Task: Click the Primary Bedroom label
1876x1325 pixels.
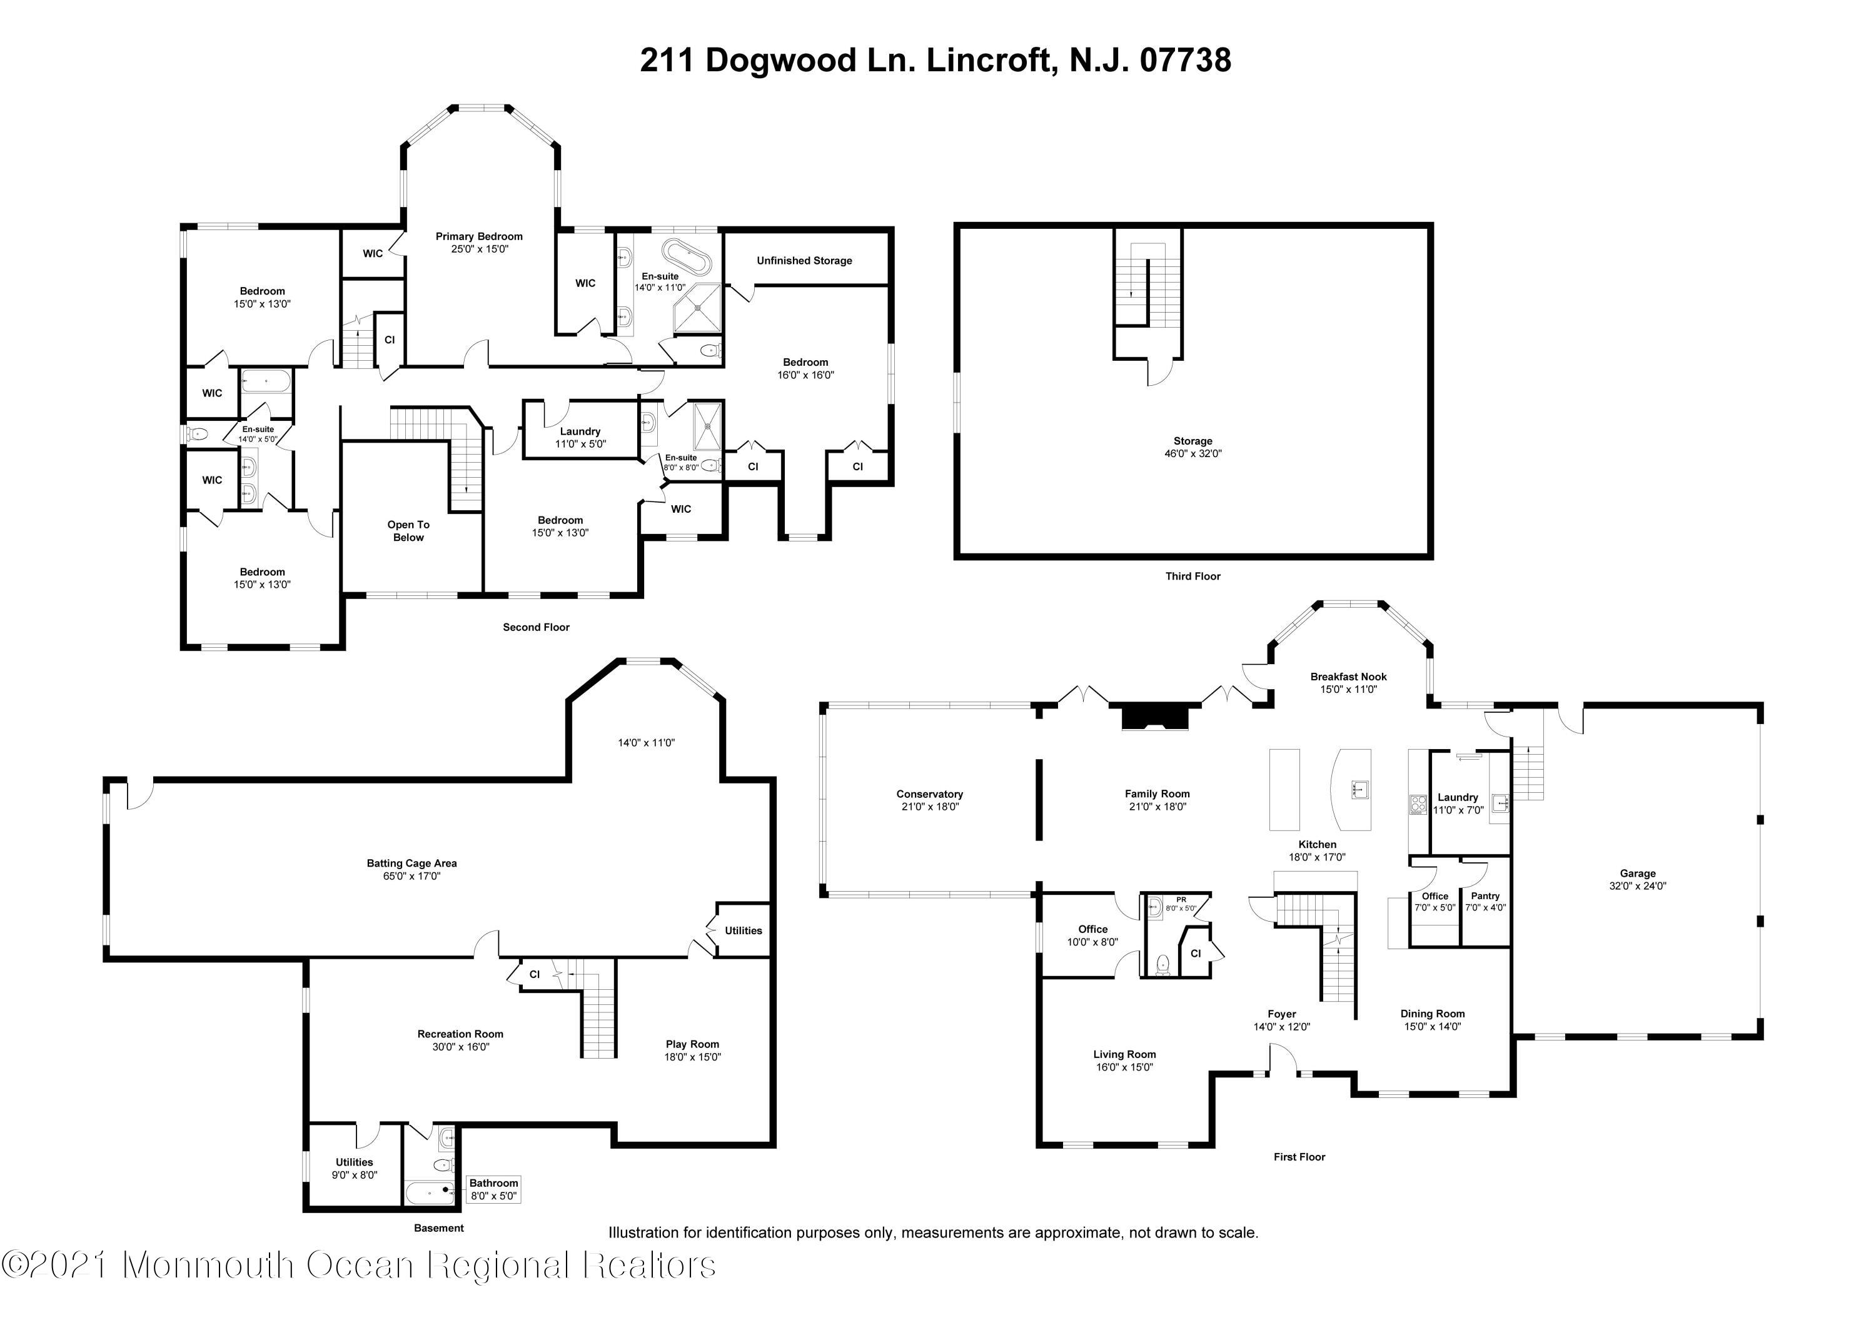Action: (479, 236)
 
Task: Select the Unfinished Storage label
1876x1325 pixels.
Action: (804, 261)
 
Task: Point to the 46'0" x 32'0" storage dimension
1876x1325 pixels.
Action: (1193, 453)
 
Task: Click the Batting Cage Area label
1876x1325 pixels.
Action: (412, 863)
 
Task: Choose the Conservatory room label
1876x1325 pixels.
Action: (930, 794)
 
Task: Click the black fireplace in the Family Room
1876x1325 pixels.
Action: (1154, 717)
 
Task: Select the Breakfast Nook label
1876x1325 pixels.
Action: (1348, 677)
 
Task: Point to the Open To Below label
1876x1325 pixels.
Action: (408, 531)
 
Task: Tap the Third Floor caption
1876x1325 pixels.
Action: (1193, 576)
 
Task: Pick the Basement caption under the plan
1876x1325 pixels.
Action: (439, 1228)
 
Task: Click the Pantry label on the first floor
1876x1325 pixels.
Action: (1485, 896)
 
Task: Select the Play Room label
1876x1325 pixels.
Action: (692, 1044)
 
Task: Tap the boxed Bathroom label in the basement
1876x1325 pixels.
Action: (493, 1183)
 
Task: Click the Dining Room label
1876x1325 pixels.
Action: (1433, 1014)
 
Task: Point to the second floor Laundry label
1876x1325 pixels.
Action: (580, 431)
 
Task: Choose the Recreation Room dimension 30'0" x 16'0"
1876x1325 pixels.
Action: (460, 1047)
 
